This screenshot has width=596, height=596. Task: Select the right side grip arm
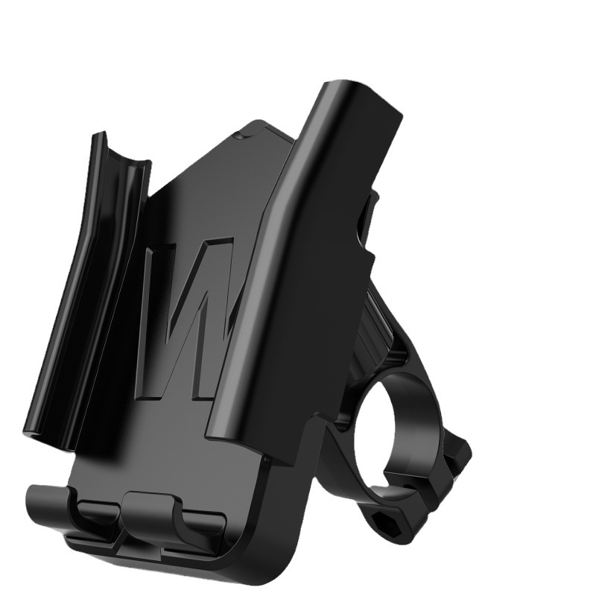[x=305, y=253]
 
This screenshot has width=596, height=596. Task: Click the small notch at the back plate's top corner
[x=237, y=136]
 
